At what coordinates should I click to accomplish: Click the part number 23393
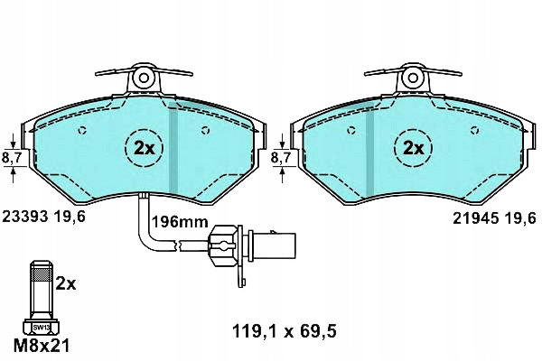coord(25,217)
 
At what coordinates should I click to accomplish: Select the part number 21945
coord(476,218)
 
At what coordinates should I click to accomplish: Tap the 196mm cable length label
coord(180,222)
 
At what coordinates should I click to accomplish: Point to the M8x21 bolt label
coord(42,346)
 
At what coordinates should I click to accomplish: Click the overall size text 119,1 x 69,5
coord(285,332)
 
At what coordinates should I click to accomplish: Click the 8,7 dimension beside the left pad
coord(12,158)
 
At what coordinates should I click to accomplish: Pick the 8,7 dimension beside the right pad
coord(281,158)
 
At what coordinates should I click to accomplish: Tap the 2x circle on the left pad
coord(145,148)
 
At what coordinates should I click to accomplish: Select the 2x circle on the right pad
coord(414,148)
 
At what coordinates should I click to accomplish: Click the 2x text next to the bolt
coord(66,284)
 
